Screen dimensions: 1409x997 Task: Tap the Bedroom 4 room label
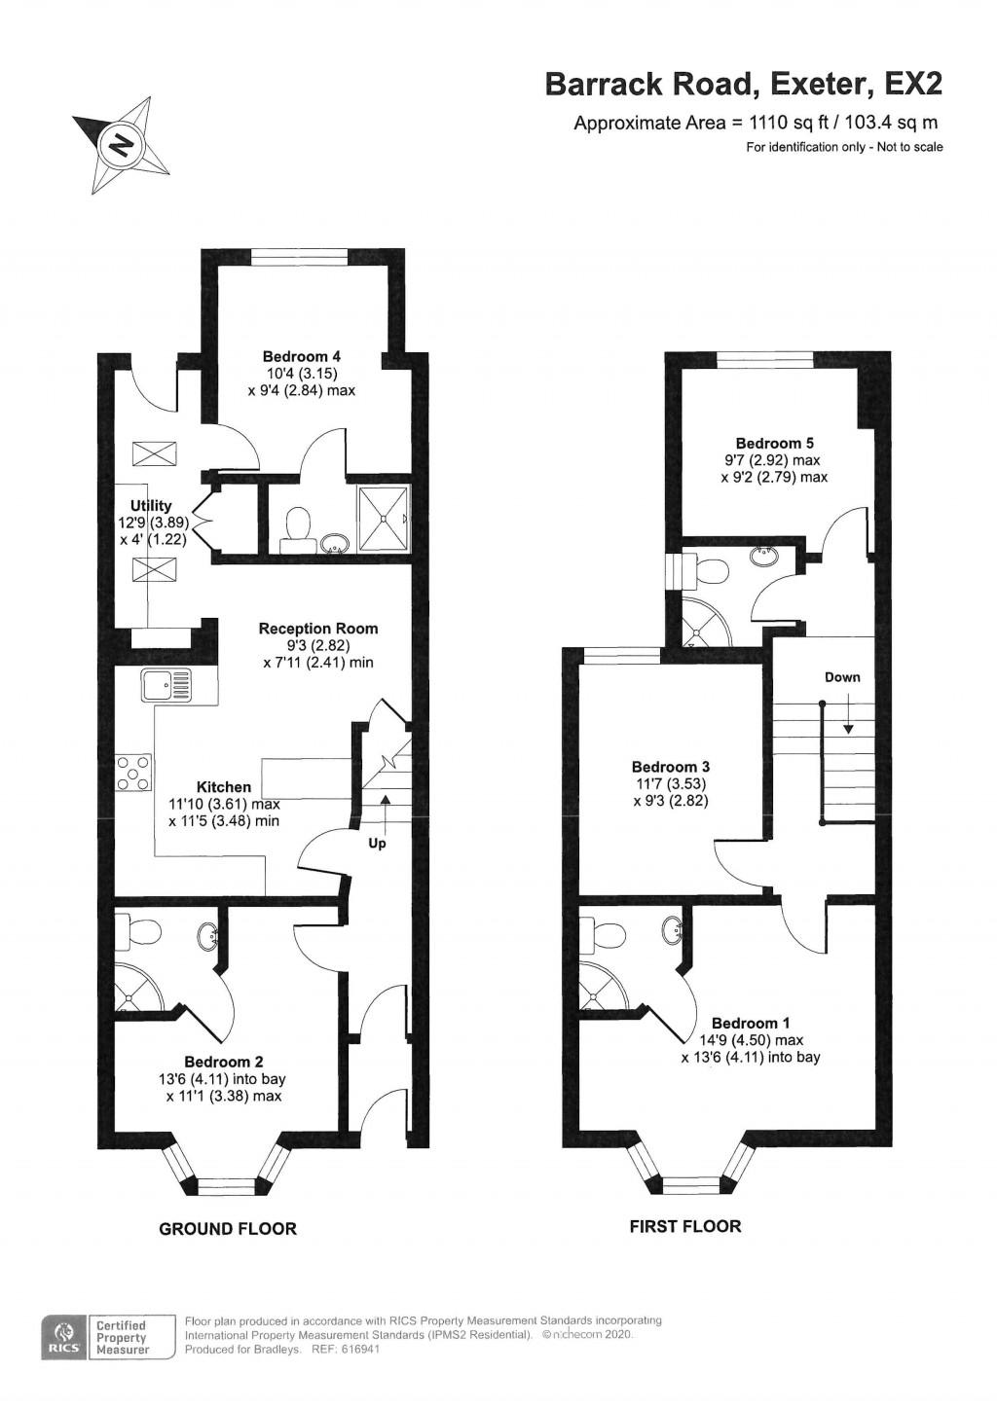[x=301, y=357]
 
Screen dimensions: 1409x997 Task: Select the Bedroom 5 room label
[x=774, y=444]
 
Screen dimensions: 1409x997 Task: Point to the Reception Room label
[x=317, y=629]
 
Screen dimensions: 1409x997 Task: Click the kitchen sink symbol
[x=166, y=685]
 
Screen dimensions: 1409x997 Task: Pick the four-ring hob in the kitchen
[x=134, y=773]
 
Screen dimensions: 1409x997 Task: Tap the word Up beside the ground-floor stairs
[x=377, y=844]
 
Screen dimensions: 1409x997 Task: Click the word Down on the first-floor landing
[x=842, y=677]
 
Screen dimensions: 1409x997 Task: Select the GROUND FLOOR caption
[x=228, y=1229]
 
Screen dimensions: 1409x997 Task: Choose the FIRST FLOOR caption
[x=685, y=1227]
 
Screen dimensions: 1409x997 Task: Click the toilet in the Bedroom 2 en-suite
[x=137, y=932]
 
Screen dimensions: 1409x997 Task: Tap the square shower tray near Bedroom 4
[x=384, y=519]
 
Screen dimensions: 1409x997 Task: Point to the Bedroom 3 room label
[x=670, y=767]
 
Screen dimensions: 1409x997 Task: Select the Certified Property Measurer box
[x=122, y=1338]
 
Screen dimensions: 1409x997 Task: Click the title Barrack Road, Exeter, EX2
[x=744, y=85]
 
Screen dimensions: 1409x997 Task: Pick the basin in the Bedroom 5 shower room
[x=764, y=557]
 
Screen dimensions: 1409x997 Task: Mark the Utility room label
[x=151, y=506]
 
